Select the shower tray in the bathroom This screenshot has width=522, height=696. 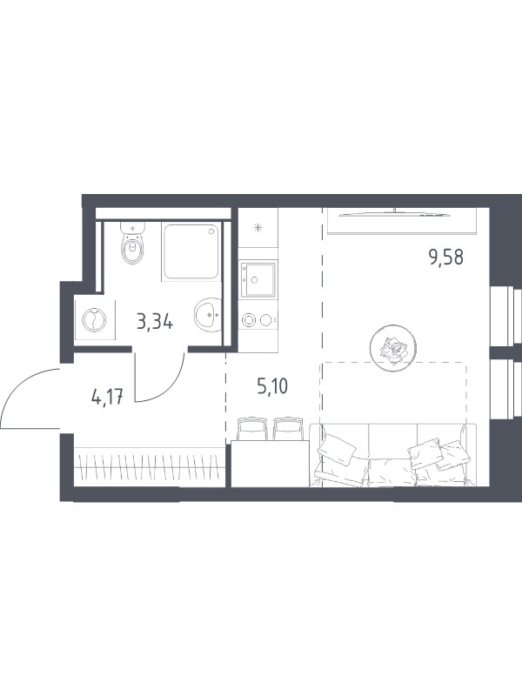click(x=191, y=251)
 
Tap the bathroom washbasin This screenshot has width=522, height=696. click(x=207, y=314)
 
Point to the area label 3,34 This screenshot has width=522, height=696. click(x=155, y=322)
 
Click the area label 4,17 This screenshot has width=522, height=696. click(x=107, y=397)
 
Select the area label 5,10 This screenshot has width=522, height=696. click(x=272, y=385)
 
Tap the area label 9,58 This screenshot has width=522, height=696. click(x=445, y=257)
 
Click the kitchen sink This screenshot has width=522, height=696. click(x=258, y=279)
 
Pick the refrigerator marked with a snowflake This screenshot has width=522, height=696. click(x=258, y=228)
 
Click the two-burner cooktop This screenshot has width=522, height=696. click(x=258, y=319)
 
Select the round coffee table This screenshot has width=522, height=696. click(x=393, y=349)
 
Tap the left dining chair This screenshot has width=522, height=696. click(x=252, y=428)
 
